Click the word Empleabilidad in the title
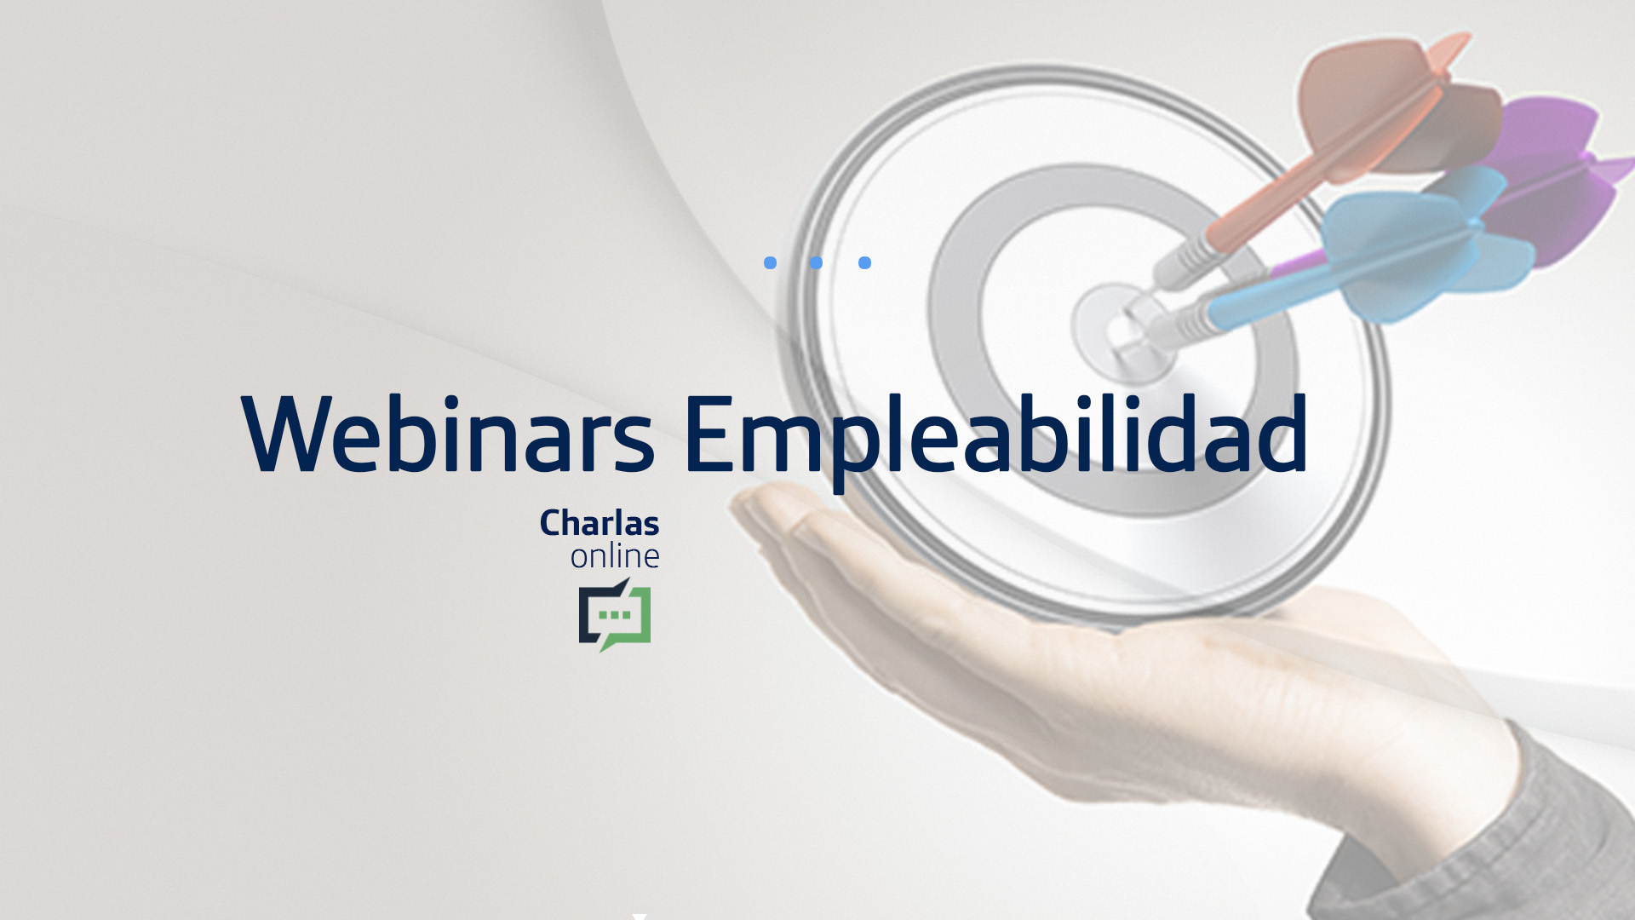point(995,439)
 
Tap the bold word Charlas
point(599,523)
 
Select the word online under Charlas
point(615,556)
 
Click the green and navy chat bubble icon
point(615,615)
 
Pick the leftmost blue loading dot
point(771,262)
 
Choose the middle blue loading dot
point(817,262)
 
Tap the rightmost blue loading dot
point(864,262)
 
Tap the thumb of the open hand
point(817,528)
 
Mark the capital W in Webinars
point(290,434)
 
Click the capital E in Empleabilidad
point(709,434)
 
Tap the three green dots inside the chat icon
point(615,614)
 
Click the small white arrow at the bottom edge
point(640,917)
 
